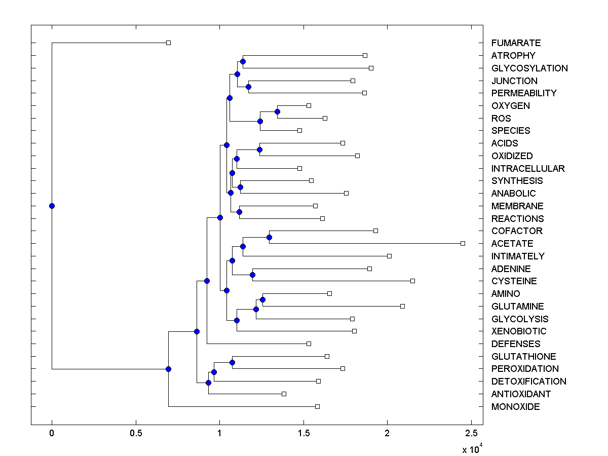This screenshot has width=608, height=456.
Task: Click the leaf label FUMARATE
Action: click(516, 43)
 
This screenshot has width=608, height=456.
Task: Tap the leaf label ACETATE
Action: click(512, 244)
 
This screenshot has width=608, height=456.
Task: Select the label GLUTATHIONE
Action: click(523, 357)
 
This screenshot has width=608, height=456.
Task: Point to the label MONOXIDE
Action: click(515, 407)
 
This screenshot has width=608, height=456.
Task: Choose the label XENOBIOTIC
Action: click(519, 331)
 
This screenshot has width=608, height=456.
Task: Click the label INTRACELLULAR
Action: click(528, 168)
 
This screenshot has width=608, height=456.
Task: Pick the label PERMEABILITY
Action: click(524, 93)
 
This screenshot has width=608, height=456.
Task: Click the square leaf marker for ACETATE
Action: click(463, 244)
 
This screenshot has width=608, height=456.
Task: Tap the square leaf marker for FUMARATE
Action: click(169, 43)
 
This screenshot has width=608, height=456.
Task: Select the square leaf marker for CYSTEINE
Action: click(412, 281)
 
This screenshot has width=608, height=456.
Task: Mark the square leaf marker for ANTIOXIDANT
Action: click(284, 394)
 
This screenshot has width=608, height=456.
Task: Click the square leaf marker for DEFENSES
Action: click(309, 344)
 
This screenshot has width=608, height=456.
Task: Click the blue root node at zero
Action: click(52, 206)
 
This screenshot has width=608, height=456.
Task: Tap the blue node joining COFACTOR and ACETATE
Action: click(269, 237)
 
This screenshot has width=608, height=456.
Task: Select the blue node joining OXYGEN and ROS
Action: click(277, 111)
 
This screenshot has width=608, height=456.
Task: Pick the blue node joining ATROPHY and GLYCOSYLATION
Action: click(243, 61)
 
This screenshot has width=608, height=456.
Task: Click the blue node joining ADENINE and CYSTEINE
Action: click(252, 275)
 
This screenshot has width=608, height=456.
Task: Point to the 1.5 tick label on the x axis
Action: click(303, 434)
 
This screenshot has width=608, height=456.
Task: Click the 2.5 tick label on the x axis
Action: click(471, 434)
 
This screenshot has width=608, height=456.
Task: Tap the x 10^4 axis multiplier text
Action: click(470, 448)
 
